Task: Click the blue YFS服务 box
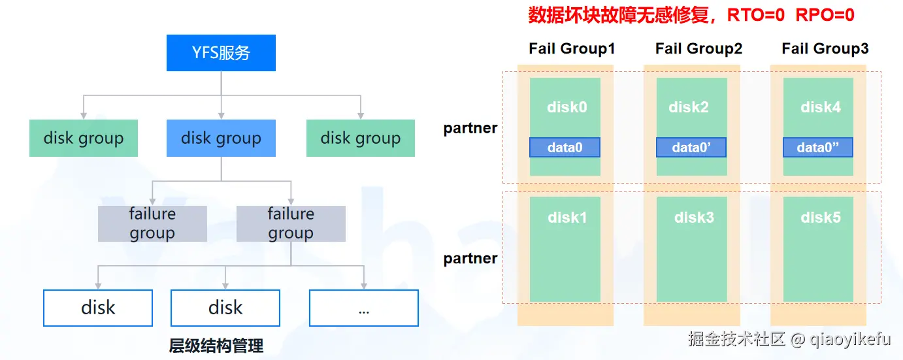click(x=221, y=53)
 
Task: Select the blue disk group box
click(x=221, y=138)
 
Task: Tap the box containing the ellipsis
click(x=364, y=308)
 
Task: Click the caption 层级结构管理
click(x=216, y=345)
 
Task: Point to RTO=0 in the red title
click(x=756, y=15)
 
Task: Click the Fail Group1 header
click(x=572, y=49)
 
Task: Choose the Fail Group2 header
click(x=698, y=49)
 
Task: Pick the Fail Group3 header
click(x=825, y=49)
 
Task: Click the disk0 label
click(x=567, y=107)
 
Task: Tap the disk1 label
click(x=567, y=218)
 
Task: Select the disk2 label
click(x=689, y=107)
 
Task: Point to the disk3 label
click(x=694, y=218)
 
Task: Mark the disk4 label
click(x=821, y=107)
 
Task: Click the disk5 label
click(x=821, y=218)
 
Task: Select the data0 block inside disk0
click(x=565, y=148)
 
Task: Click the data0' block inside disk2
click(x=691, y=148)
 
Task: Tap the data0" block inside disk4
click(x=818, y=148)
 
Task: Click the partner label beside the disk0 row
click(x=470, y=128)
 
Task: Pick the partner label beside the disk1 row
click(x=470, y=259)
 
